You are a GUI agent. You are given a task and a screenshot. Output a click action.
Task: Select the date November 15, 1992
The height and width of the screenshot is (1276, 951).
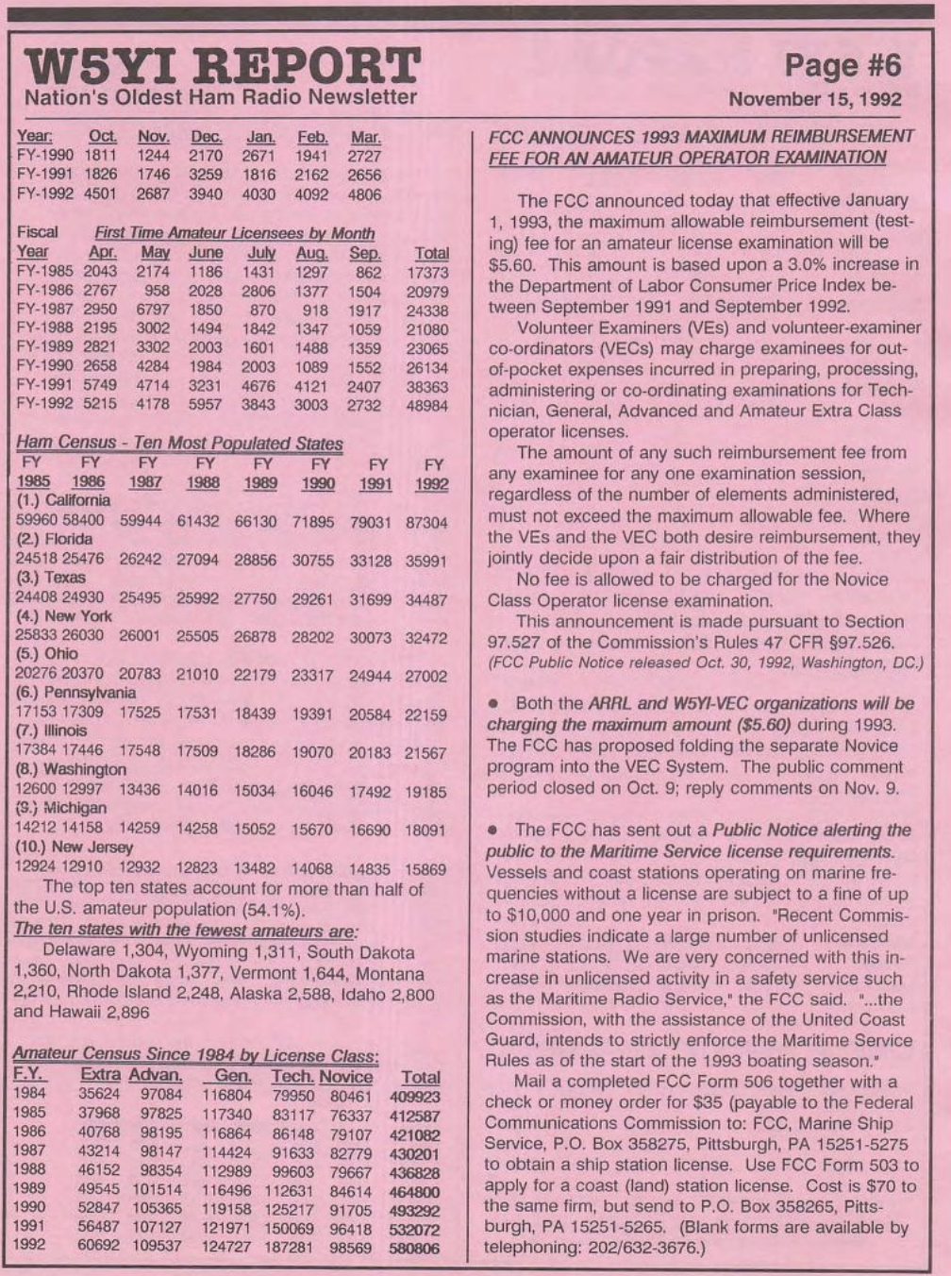(816, 99)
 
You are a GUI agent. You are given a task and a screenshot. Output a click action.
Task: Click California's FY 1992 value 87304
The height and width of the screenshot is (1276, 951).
(426, 522)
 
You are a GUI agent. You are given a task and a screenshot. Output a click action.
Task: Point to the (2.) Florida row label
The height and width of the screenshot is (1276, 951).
(54, 539)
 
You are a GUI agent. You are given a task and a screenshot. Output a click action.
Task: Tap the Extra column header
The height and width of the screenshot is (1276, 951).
(100, 1077)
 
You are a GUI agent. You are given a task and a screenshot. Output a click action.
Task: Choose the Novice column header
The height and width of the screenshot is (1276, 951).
(345, 1077)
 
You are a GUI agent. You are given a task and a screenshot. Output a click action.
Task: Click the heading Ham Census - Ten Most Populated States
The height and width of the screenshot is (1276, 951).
(179, 443)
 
